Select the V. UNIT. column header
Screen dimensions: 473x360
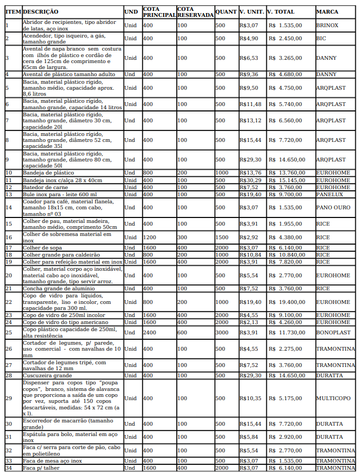point(252,11)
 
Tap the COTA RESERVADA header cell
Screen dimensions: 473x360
point(195,12)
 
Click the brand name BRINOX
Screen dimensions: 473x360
point(327,26)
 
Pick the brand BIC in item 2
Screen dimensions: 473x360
point(321,39)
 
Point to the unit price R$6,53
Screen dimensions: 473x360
point(249,58)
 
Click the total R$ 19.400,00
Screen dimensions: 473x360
point(286,302)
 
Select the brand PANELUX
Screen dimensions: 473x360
point(330,194)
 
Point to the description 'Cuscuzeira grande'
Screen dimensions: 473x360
point(47,375)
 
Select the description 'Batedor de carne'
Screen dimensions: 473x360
point(45,187)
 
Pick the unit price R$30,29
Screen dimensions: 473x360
point(250,180)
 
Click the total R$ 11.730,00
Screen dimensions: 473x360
point(286,332)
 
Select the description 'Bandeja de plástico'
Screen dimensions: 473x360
point(48,173)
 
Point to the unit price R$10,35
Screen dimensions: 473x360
point(250,398)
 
